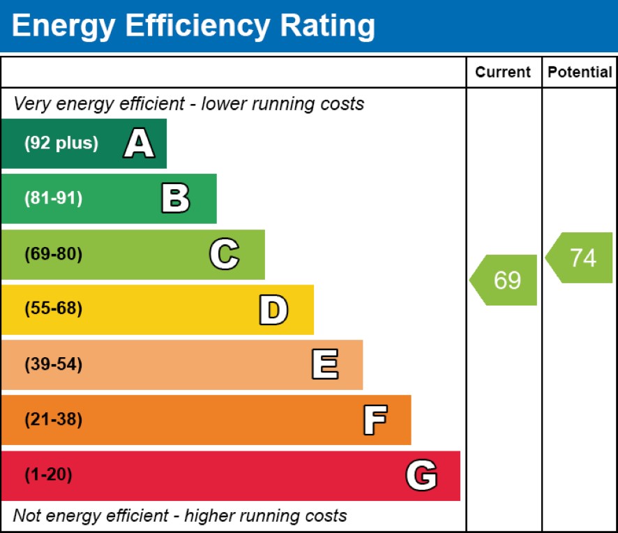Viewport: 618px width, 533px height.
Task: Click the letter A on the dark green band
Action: click(x=139, y=144)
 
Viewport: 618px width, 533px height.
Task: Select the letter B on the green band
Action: click(x=175, y=199)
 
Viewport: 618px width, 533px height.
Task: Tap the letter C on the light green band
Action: click(x=224, y=255)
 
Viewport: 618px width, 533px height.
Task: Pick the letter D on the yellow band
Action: click(x=273, y=310)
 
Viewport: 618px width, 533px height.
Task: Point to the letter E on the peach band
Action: click(x=324, y=365)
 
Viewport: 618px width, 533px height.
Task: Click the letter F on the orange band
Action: click(x=375, y=420)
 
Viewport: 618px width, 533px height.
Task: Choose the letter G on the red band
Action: click(x=421, y=476)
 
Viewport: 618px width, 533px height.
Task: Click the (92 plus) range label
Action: click(x=61, y=144)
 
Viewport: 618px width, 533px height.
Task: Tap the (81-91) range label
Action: click(x=53, y=199)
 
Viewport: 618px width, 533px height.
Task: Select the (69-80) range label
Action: click(x=53, y=255)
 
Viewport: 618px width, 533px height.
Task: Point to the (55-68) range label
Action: click(x=53, y=309)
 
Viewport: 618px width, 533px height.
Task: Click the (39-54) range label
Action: click(x=53, y=365)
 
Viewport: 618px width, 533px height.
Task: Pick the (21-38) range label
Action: click(x=53, y=420)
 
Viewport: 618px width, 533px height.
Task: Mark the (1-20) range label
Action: click(x=48, y=476)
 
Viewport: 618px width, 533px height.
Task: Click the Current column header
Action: click(x=503, y=73)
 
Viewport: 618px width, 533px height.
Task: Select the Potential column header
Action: click(x=580, y=73)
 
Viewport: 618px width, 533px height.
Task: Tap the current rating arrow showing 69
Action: click(x=506, y=280)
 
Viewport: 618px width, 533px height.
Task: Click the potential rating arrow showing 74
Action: click(x=581, y=257)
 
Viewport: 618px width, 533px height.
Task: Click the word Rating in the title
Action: click(x=326, y=27)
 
